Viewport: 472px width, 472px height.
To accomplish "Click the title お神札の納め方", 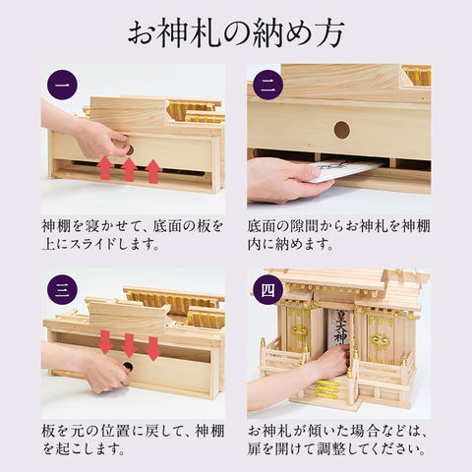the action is click(236, 33).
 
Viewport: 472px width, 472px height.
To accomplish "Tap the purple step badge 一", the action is click(62, 85).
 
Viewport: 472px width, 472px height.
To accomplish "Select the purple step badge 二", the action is click(268, 85).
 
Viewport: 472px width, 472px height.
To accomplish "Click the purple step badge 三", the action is click(62, 290).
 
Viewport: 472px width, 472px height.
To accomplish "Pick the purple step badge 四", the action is click(268, 290).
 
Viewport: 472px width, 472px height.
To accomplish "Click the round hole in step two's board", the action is click(342, 130).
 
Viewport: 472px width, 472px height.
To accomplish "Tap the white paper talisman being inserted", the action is click(347, 170).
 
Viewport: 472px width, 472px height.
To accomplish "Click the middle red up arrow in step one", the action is click(129, 169).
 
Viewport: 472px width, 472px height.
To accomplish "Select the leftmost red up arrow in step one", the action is click(105, 168).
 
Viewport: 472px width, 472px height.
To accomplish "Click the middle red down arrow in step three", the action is click(129, 345).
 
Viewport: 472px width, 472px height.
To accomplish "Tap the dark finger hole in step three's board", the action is click(128, 366).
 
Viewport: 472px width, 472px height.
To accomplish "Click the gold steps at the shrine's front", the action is click(326, 389).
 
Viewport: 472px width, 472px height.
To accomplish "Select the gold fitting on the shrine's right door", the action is click(381, 341).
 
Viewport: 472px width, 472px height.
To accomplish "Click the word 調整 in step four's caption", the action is click(332, 449).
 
